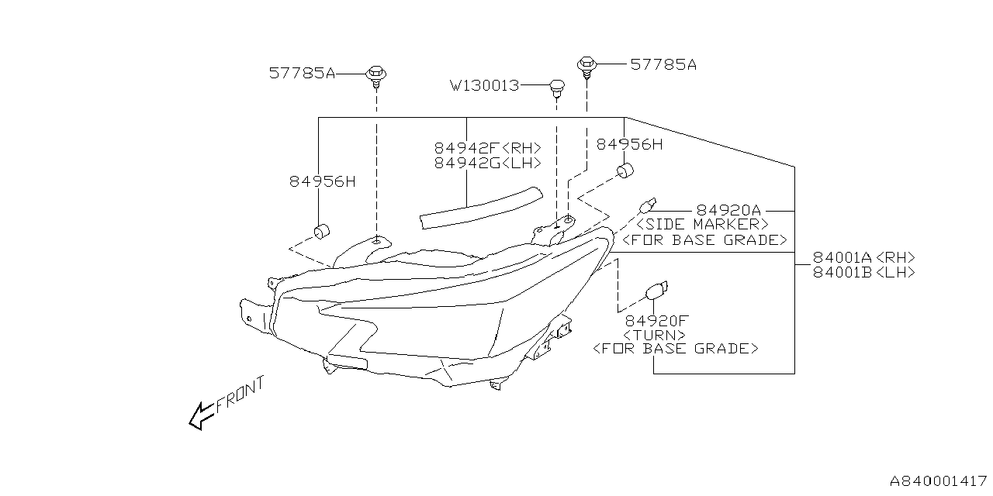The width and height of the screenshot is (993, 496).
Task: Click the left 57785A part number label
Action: (303, 74)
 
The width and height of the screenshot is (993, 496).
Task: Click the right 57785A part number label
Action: (663, 65)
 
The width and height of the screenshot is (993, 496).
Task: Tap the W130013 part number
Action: (484, 85)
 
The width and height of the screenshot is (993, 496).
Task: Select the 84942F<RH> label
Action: (487, 148)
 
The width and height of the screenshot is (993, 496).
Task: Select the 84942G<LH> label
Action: (487, 163)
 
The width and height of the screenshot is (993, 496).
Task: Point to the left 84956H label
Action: (322, 182)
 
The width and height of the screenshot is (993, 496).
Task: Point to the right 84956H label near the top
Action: (629, 144)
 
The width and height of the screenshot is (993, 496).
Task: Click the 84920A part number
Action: (728, 210)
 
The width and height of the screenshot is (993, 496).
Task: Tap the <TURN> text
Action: (654, 335)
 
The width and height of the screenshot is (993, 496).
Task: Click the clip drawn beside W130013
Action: (556, 86)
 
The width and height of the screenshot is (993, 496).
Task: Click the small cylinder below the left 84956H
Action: (322, 231)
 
